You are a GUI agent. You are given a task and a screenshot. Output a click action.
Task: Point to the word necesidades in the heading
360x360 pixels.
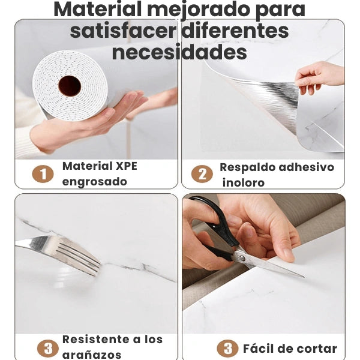(x=179, y=52)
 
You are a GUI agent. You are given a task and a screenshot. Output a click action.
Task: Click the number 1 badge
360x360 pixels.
(x=43, y=174)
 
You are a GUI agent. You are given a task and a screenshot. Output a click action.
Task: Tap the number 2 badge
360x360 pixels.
(x=202, y=174)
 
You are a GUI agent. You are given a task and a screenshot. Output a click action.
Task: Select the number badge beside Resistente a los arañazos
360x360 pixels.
(x=47, y=349)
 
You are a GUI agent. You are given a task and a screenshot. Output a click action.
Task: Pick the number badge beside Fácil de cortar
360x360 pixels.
(x=227, y=349)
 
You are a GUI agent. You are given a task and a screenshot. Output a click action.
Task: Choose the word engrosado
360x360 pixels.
(x=95, y=182)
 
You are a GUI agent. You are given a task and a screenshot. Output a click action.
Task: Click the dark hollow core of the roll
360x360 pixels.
(x=70, y=86)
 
